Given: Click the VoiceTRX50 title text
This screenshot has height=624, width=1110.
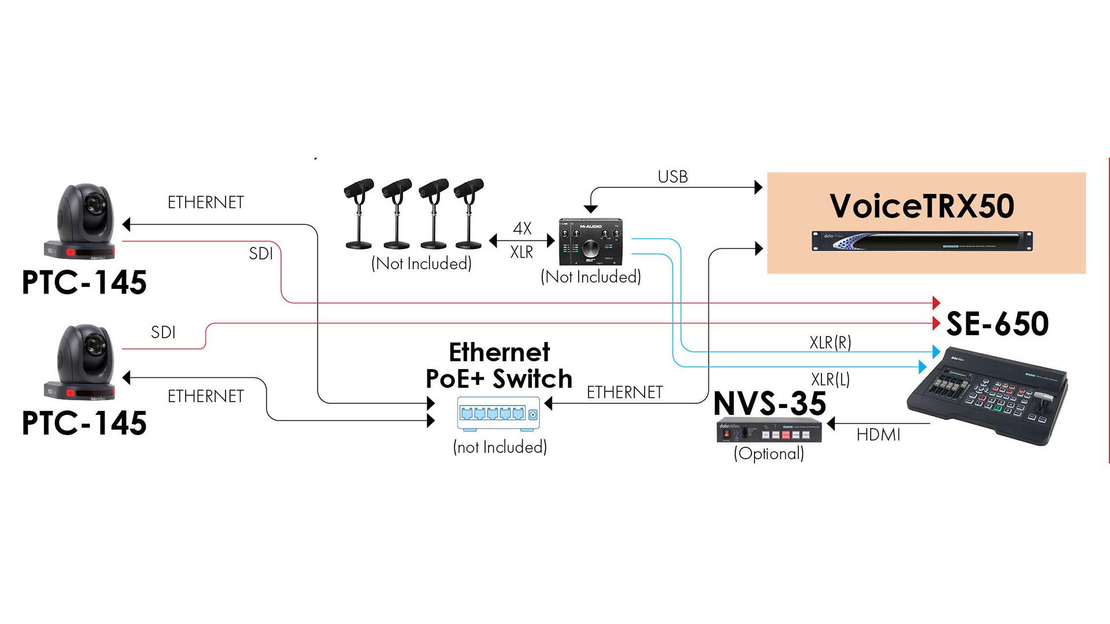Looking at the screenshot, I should (x=922, y=206).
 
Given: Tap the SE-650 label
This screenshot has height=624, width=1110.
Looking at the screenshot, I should (x=997, y=324).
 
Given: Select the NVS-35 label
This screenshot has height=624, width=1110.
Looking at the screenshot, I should (x=769, y=403).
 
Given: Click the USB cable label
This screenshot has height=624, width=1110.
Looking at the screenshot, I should (x=672, y=177).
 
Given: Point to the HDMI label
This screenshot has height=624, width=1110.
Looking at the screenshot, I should (x=878, y=434).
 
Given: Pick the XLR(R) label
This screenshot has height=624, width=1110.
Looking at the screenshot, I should (x=830, y=343).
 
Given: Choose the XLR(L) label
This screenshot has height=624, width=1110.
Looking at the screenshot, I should (x=830, y=380).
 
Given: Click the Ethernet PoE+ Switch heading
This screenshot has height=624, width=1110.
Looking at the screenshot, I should (x=499, y=366).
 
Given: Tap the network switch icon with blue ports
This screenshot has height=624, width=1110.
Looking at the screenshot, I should (x=498, y=414).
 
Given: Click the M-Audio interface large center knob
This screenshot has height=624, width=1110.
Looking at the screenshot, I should (x=591, y=249).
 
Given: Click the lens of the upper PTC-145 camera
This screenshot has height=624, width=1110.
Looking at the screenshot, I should (x=92, y=203).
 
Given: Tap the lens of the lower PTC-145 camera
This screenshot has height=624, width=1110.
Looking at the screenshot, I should (x=92, y=345).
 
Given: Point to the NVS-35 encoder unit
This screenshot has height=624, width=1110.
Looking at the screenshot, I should (x=769, y=433).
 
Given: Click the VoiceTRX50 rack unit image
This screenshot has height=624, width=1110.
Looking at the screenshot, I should (x=922, y=241).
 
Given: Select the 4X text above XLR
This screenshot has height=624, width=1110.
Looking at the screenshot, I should (x=522, y=228).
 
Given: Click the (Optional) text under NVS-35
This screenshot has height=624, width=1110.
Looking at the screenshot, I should (x=769, y=454).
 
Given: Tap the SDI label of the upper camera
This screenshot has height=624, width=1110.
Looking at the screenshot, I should (x=261, y=254).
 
